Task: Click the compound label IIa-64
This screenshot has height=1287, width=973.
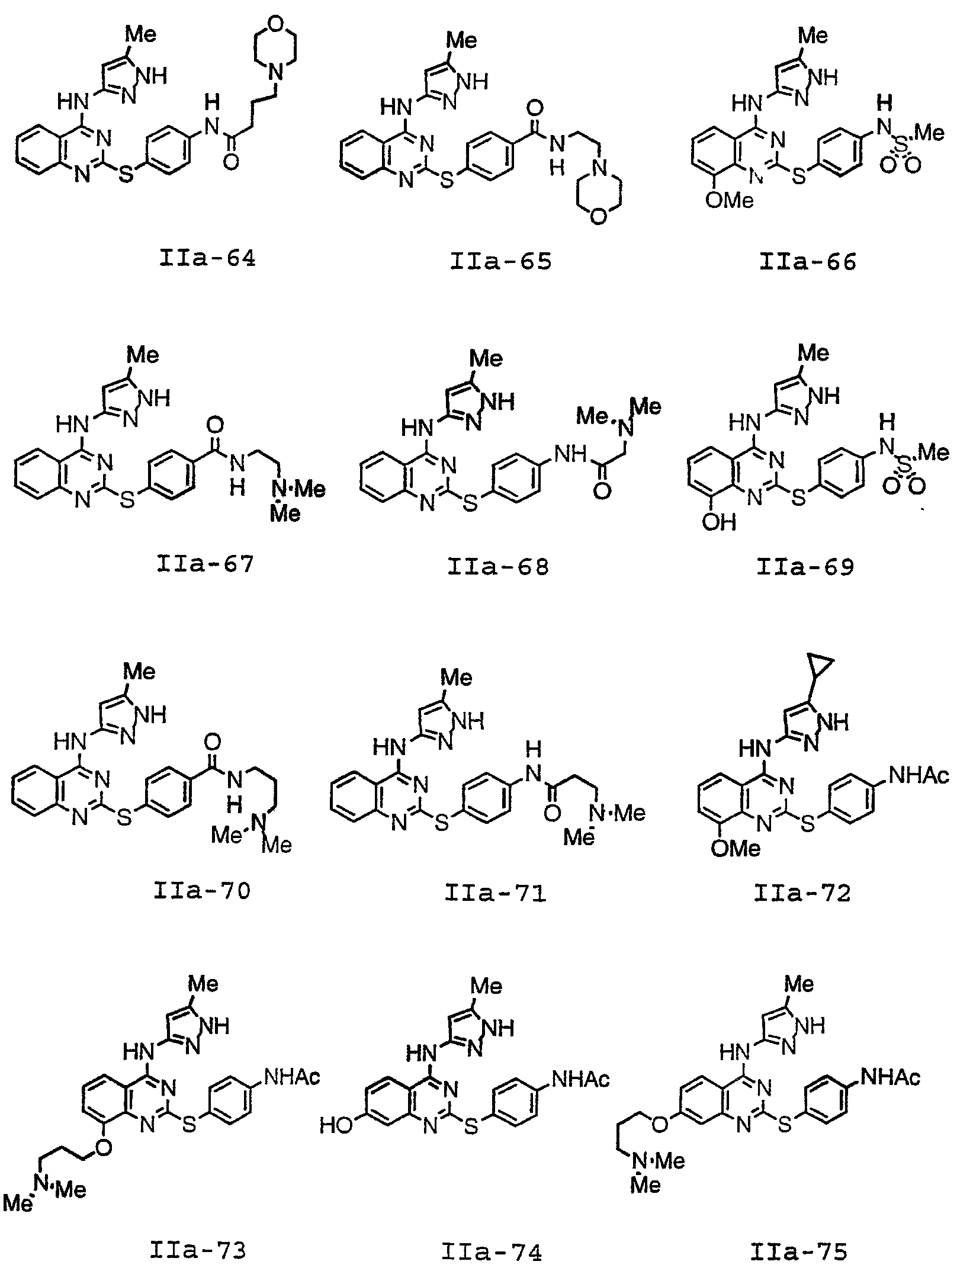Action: click(x=207, y=259)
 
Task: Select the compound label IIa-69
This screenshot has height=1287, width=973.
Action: click(x=805, y=567)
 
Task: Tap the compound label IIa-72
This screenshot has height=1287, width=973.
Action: click(x=802, y=893)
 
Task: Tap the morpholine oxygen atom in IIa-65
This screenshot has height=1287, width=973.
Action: click(x=599, y=217)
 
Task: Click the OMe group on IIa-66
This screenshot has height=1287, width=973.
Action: click(x=730, y=200)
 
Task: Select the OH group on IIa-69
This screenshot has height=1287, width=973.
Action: click(x=719, y=522)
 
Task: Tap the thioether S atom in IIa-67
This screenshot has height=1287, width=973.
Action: click(x=127, y=500)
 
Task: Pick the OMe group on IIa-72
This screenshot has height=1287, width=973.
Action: click(x=736, y=849)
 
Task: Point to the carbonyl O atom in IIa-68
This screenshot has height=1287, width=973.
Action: click(x=602, y=492)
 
